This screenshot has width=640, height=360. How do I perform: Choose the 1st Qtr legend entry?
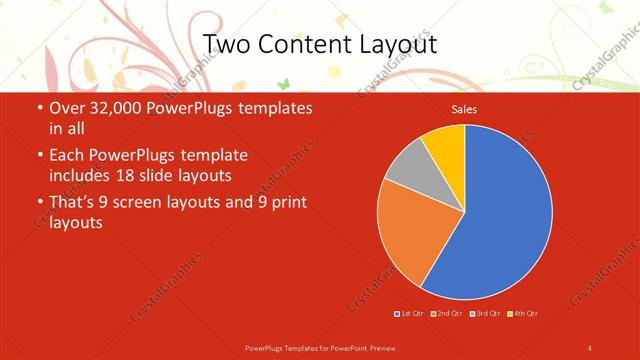pyautogui.click(x=409, y=314)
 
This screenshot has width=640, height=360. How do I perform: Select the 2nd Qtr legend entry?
pyautogui.click(x=447, y=314)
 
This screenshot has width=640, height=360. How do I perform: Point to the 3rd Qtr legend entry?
pyautogui.click(x=486, y=314)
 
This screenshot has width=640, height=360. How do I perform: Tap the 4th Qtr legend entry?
pyautogui.click(x=524, y=314)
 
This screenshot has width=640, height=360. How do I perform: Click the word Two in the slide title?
pyautogui.click(x=228, y=44)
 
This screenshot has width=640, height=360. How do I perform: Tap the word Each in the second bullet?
pyautogui.click(x=67, y=155)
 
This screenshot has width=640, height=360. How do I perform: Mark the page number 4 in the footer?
pyautogui.click(x=590, y=347)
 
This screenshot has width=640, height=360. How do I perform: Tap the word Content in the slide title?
pyautogui.click(x=304, y=44)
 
